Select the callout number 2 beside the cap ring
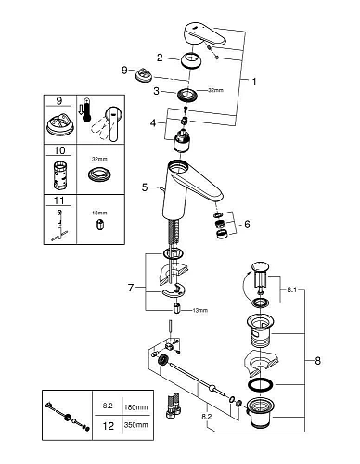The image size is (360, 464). coord(159,58)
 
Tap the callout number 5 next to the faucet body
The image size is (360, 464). coord(146,187)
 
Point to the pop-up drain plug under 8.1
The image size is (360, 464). coord(261,278)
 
